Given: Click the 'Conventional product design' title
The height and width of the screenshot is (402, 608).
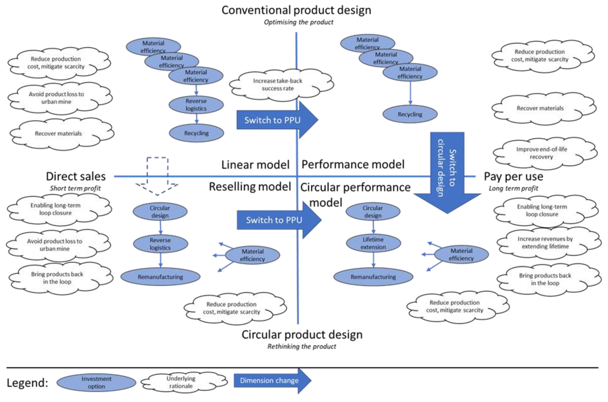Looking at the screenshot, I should coord(296,10).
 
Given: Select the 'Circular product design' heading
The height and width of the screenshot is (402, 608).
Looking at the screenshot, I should coord(302,335).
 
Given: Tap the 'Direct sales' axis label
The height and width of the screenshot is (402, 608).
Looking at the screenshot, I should coord(76,176).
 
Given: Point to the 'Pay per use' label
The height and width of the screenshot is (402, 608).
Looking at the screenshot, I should coord(513,176).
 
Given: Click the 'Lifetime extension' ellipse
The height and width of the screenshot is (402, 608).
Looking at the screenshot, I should coord(373,243).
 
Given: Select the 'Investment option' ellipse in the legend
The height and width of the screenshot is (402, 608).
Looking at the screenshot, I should coord(96,383).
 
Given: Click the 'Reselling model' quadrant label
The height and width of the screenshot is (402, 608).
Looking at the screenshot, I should coord(250,187).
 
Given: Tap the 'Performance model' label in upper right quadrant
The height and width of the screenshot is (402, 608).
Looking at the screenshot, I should coord(353,164).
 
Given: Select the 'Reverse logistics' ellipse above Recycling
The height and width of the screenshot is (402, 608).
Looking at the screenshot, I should coord(196,105).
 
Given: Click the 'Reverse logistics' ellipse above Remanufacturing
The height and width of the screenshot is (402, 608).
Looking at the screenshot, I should coord(160,244).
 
